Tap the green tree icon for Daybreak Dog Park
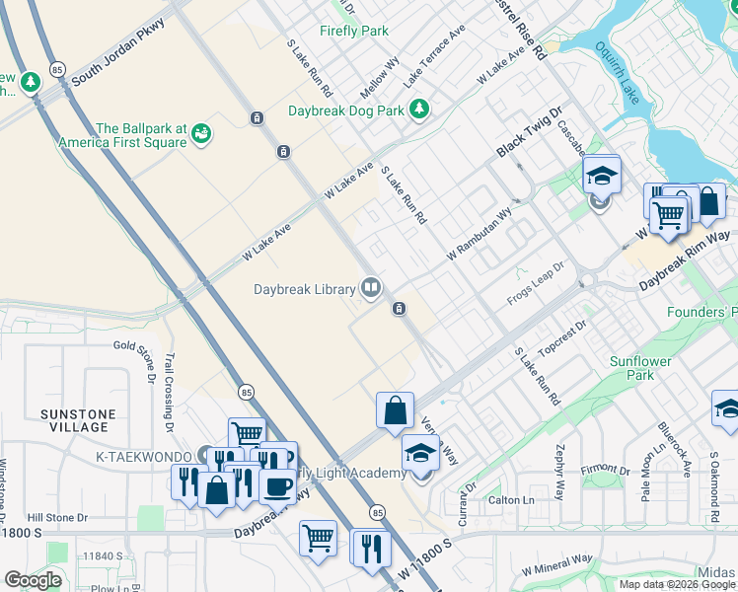(419, 108)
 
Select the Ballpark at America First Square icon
(202, 132)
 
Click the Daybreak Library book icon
(371, 288)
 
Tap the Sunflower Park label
(639, 368)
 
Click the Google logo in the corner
(33, 580)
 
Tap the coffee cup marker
(278, 486)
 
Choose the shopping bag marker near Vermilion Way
(395, 410)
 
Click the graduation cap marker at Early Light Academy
(420, 455)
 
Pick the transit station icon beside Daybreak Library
(400, 309)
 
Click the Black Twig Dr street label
(529, 134)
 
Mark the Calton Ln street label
(511, 500)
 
